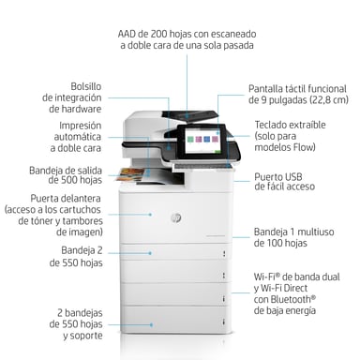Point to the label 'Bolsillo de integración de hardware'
(73, 97)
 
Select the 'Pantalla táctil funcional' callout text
(297, 85)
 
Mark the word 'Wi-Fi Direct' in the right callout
(287, 287)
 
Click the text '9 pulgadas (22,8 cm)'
(297, 98)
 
